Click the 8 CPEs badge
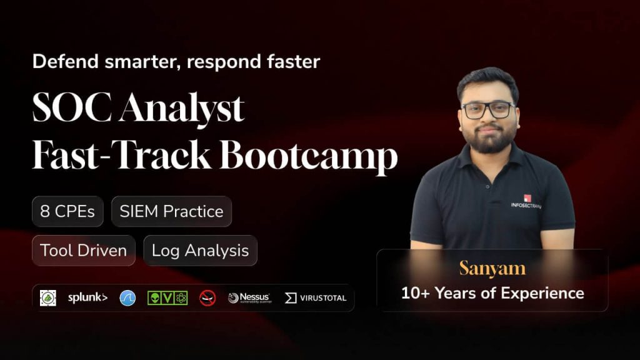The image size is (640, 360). pyautogui.click(x=67, y=211)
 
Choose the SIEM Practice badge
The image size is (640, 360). pyautogui.click(x=171, y=211)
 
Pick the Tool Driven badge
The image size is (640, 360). pyautogui.click(x=83, y=251)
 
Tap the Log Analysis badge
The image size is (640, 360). pyautogui.click(x=200, y=251)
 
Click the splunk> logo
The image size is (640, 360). pyautogui.click(x=87, y=298)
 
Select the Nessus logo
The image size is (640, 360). pyautogui.click(x=249, y=298)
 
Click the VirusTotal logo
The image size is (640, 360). pyautogui.click(x=316, y=298)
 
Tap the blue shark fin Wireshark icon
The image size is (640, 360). pyautogui.click(x=128, y=298)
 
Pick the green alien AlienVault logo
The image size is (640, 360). pyautogui.click(x=167, y=298)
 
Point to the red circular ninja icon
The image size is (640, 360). pyautogui.click(x=207, y=298)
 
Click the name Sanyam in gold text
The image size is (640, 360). pyautogui.click(x=492, y=268)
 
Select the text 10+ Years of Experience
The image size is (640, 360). pyautogui.click(x=492, y=292)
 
